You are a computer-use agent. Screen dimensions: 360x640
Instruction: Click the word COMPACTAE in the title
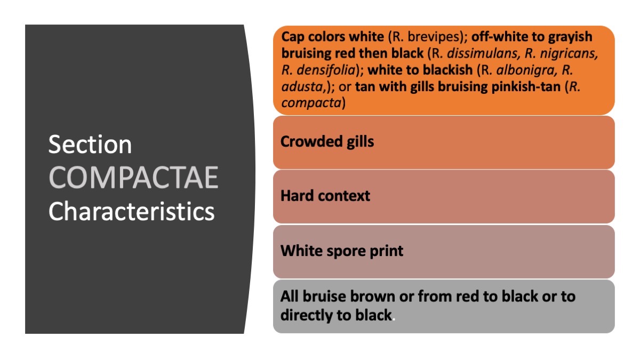tap(134, 178)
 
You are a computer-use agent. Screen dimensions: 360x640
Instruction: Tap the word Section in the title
tap(90, 145)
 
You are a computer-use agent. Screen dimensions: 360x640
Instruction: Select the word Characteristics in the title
tap(132, 211)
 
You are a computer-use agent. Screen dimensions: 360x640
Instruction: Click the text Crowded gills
tap(327, 142)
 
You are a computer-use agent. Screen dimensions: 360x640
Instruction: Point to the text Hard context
tap(325, 196)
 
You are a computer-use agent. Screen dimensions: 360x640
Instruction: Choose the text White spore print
tap(342, 251)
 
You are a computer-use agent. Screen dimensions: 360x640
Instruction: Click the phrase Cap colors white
tap(332, 37)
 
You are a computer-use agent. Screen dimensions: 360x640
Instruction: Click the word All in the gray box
tap(291, 296)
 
